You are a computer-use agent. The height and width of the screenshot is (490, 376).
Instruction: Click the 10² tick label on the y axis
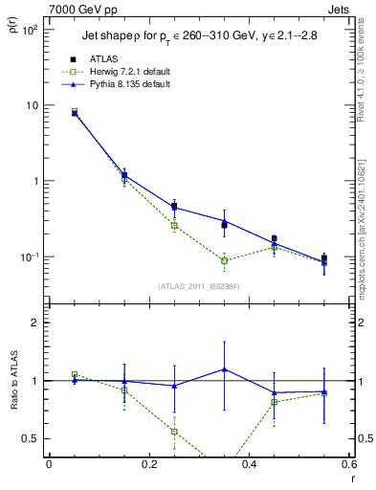(x=29, y=30)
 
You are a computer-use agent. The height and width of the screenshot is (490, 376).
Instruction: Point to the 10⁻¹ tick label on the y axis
(x=29, y=257)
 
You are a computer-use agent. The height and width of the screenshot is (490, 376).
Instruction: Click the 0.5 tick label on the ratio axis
(x=32, y=438)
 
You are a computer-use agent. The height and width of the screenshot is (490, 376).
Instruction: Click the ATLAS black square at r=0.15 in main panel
(x=124, y=176)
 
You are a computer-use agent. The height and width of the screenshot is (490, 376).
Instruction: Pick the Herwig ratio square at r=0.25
(x=174, y=432)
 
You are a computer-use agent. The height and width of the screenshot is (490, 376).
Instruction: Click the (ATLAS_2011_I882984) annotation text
(x=198, y=286)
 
